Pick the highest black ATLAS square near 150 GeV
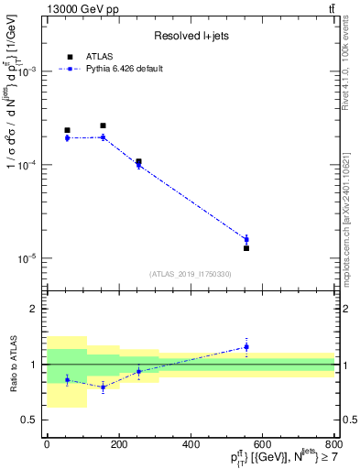[103, 125]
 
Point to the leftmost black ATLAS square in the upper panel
[67, 130]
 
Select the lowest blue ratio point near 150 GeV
[103, 387]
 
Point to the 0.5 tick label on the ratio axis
[29, 420]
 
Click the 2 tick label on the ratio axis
[35, 310]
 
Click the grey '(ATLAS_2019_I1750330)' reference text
[191, 274]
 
